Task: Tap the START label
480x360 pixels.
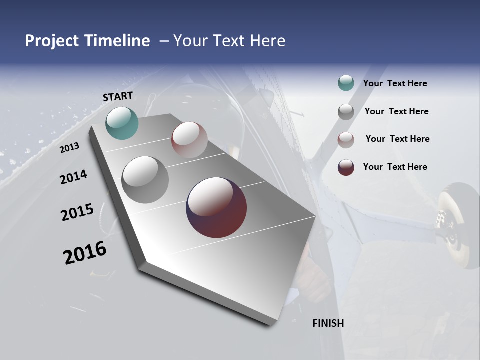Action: pos(118,96)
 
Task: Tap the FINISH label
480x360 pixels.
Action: pos(328,323)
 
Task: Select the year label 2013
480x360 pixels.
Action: pos(69,147)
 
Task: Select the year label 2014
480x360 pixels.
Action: pos(73,177)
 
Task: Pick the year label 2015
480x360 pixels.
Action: pos(77,212)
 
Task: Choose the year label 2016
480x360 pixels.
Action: pos(85,253)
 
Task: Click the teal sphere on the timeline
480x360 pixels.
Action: pos(122,123)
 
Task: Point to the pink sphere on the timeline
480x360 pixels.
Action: pos(189,140)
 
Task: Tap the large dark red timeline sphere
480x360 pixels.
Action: pos(216,207)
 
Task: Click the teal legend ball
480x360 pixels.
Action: pos(346,83)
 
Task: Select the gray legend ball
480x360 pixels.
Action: pos(346,111)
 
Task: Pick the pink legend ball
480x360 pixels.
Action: pos(346,139)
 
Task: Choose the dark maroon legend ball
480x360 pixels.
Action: pos(346,167)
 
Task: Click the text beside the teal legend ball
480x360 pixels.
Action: pos(395,83)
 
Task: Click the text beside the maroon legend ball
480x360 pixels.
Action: pos(395,167)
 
